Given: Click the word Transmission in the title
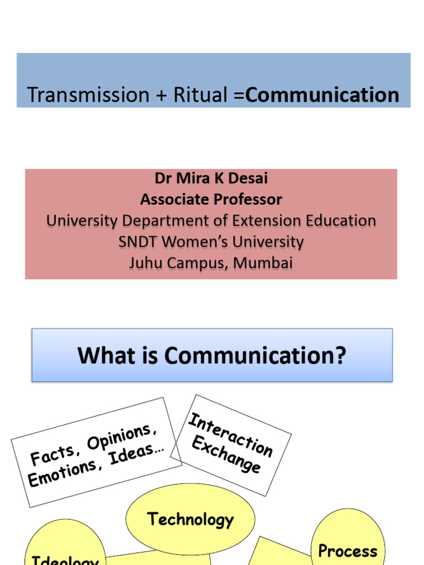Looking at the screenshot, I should click(88, 95).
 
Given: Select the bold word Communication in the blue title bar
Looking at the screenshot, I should click(322, 95).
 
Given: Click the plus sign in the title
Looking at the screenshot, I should click(161, 95).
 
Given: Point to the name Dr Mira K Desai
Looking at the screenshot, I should click(211, 179).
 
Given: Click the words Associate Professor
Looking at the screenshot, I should click(211, 199).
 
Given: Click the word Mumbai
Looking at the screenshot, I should click(263, 263).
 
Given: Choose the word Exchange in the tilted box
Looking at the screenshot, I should click(225, 456).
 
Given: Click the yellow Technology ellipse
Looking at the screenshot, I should click(190, 519).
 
